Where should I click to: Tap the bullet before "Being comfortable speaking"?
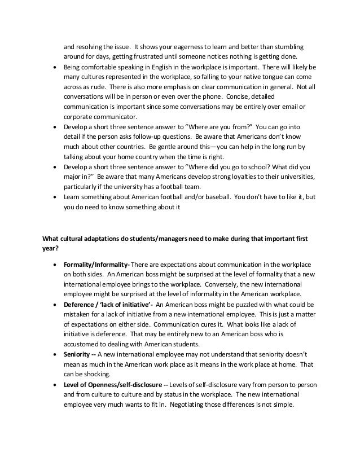(x=54, y=67)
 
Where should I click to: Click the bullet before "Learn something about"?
(x=54, y=199)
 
